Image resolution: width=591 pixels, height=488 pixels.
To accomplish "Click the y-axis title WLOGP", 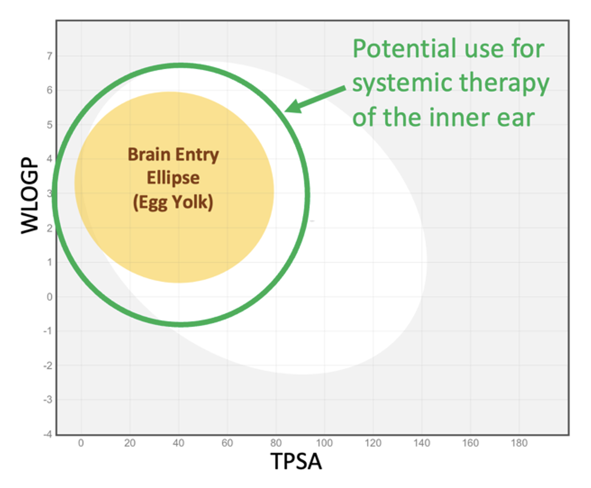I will pos(31,197).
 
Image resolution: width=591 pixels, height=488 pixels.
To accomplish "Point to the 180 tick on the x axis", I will pos(519,443).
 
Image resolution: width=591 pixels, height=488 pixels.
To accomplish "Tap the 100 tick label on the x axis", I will pos(325,443).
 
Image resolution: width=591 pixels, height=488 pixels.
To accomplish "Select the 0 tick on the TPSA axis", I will pos(81,443).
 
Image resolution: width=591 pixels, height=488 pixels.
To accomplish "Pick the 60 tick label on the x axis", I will pos(227,443).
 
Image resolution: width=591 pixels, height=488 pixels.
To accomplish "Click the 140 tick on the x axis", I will pos(422,443).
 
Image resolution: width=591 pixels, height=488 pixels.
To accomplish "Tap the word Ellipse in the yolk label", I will pos(173,178).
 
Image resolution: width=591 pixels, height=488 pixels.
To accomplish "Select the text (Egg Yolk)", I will pos(173,203).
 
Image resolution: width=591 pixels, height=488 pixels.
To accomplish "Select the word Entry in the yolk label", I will pos(197,154).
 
